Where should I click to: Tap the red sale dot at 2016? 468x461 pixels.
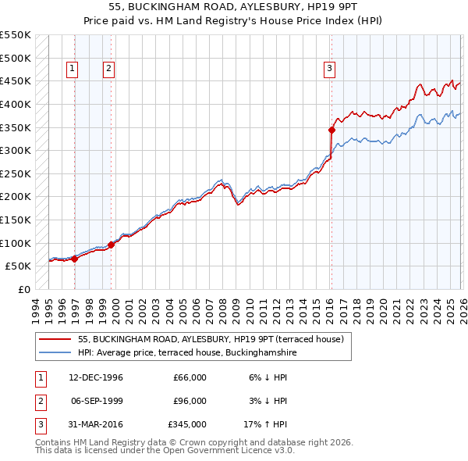[331, 130]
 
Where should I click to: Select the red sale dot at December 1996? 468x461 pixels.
[75, 259]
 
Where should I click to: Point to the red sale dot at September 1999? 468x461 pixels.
[111, 245]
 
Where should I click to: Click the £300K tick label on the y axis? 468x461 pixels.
[16, 150]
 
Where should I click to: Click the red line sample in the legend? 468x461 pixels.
[56, 339]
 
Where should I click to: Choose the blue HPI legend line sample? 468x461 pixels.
[56, 353]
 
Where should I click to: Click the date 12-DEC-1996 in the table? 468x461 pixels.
[96, 377]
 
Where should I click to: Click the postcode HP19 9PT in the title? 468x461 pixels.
[264, 7]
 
